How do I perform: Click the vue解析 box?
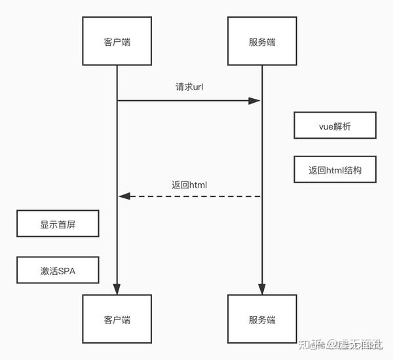pos(335,126)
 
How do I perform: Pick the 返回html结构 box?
pos(335,169)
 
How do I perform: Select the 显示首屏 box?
pos(58,225)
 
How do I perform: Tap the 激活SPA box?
pos(58,270)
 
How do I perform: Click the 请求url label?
pos(189,87)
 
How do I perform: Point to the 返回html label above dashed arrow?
pos(189,185)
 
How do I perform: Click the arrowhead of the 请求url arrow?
pos(255,100)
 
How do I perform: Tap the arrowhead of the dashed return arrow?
pos(124,196)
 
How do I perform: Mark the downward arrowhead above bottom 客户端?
pos(117,289)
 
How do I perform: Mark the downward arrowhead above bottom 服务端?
pos(261,289)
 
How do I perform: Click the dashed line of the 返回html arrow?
pos(196,196)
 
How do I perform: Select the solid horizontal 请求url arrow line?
pos(183,100)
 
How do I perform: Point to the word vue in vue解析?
pos(326,126)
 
